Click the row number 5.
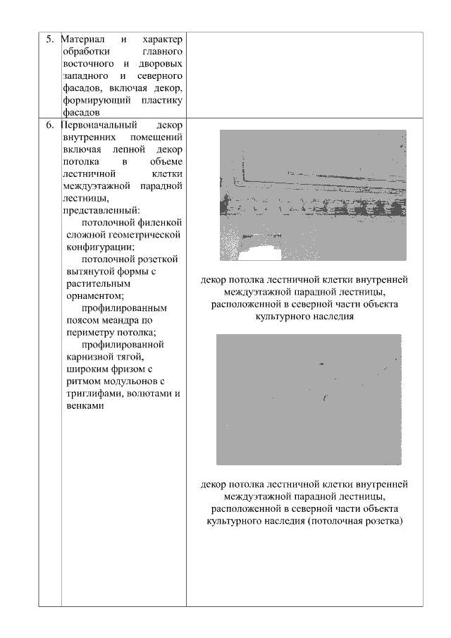coord(50,38)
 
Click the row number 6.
coord(50,125)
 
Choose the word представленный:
coord(101,210)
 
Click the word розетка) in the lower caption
coord(382,521)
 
